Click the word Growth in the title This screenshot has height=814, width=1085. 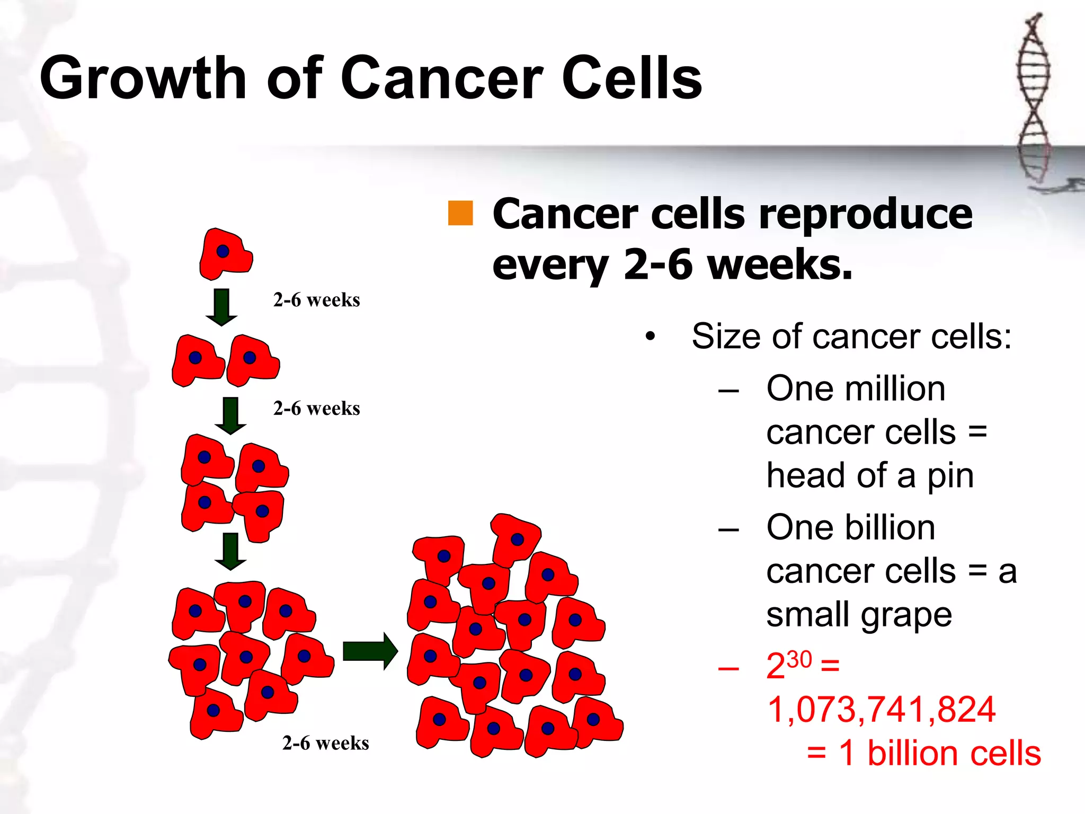pos(143,78)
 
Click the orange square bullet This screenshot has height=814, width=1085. pos(460,214)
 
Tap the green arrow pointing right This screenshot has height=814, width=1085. pos(370,651)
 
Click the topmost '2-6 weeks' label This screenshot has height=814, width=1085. pos(316,300)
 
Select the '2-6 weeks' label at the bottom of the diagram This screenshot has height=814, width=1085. pos(325,743)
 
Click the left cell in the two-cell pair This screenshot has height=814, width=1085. pos(197,360)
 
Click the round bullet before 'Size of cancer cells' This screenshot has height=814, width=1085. pos(650,337)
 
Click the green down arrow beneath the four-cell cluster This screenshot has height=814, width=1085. pos(230,551)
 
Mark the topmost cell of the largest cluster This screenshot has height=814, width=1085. pos(515,539)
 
